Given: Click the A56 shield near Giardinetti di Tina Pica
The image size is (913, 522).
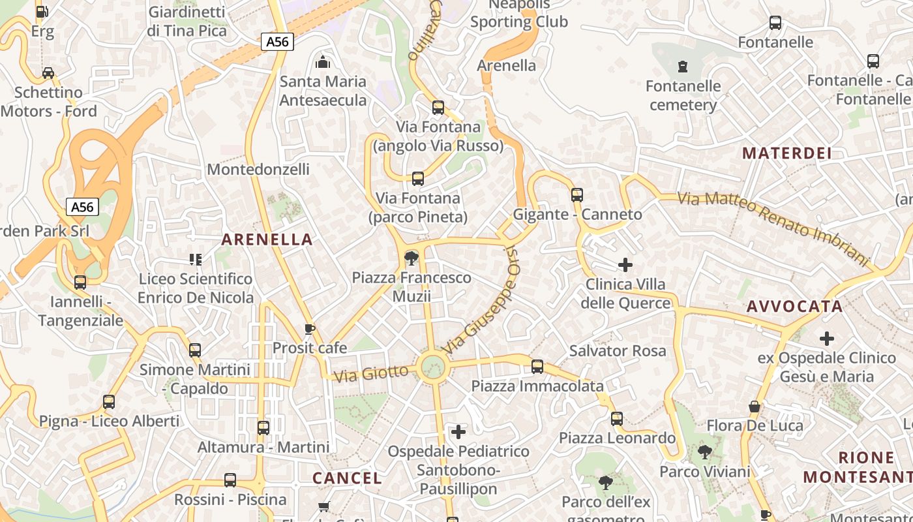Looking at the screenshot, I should (278, 42).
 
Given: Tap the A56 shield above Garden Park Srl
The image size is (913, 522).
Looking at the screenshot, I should (82, 207).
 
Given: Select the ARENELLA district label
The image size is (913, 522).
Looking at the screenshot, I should (267, 239).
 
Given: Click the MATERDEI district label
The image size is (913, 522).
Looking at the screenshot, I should (787, 153).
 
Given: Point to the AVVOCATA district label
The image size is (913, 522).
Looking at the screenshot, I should (794, 307).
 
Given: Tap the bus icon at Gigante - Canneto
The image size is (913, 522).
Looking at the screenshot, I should (576, 194).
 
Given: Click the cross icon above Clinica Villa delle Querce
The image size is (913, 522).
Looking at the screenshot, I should (625, 264).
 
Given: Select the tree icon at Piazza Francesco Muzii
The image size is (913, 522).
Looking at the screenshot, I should (411, 258).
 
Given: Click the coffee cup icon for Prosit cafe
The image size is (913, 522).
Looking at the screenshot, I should (310, 329).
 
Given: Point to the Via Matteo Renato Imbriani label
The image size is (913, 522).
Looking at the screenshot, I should (773, 228).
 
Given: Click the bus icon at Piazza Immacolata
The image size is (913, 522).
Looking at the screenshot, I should (537, 367).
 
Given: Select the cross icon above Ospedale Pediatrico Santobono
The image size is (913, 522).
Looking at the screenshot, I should (458, 431).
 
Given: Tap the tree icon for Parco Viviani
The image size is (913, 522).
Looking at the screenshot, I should (704, 452).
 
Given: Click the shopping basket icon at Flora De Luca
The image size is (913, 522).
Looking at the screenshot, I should (755, 407).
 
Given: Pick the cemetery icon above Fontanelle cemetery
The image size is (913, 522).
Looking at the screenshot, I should (682, 67).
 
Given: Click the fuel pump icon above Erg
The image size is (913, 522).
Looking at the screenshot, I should (42, 12).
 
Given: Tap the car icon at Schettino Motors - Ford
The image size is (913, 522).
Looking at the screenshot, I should (48, 73).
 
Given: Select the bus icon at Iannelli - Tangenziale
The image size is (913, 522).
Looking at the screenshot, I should (80, 283).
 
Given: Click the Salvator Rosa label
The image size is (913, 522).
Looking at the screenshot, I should (618, 350).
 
